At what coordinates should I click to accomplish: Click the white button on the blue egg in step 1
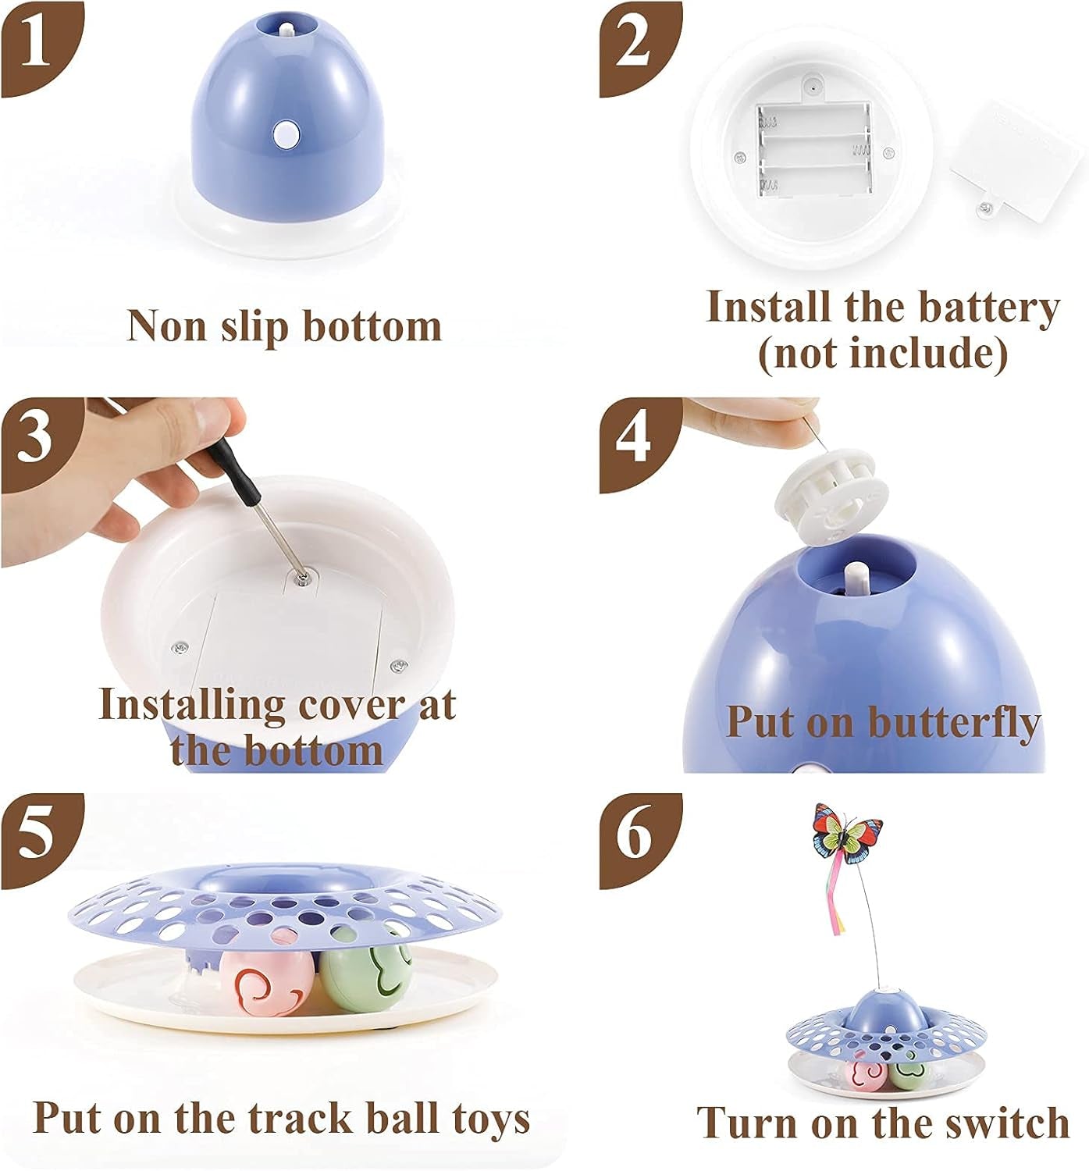(x=285, y=134)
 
